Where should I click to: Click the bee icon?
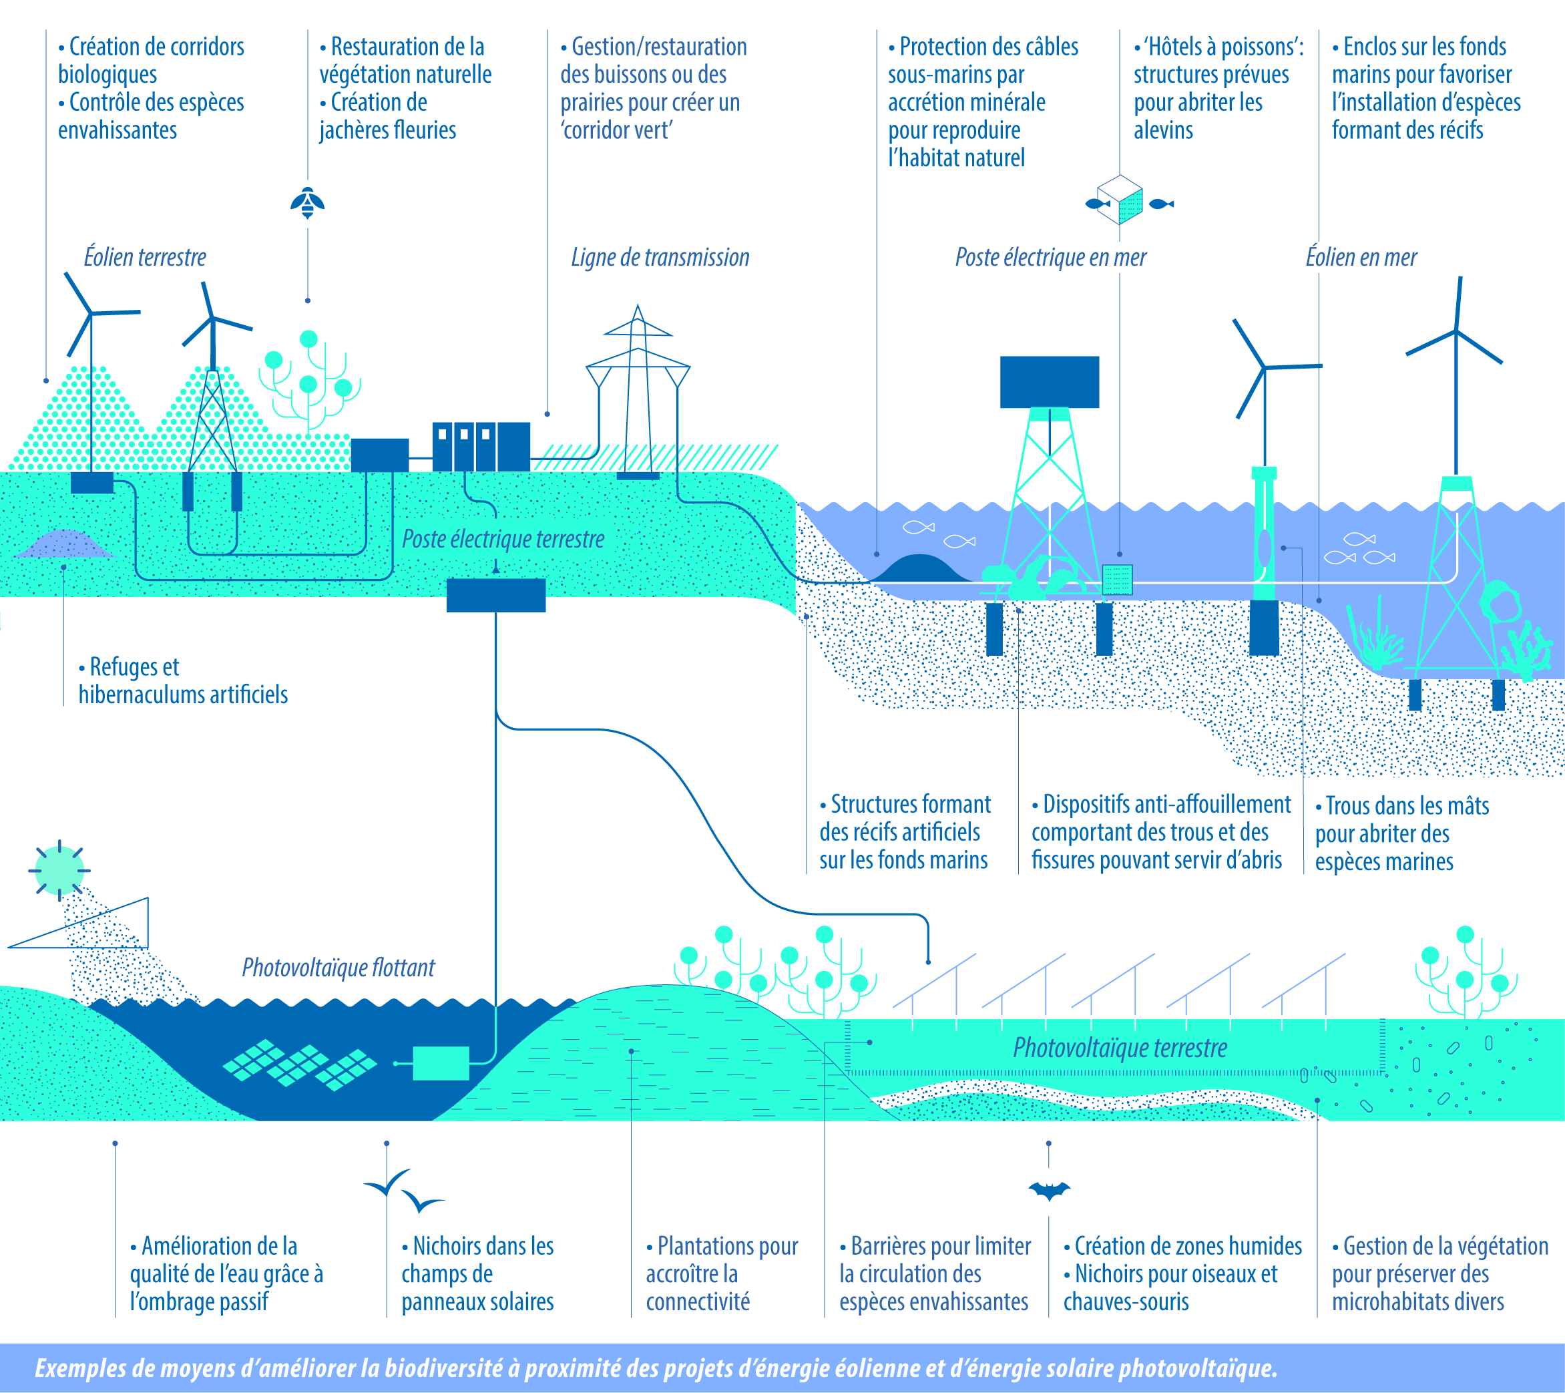(308, 202)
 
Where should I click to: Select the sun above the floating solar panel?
(59, 871)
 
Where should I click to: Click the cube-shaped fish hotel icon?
(1120, 200)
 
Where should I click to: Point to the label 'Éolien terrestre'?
(145, 257)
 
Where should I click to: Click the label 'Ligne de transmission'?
(660, 257)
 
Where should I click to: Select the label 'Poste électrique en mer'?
(1050, 257)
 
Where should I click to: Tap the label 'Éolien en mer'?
(1361, 257)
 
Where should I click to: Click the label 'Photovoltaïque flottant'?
(339, 968)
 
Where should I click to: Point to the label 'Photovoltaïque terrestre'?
(1120, 1048)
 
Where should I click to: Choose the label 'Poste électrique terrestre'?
(503, 539)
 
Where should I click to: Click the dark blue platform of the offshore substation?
(1050, 382)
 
